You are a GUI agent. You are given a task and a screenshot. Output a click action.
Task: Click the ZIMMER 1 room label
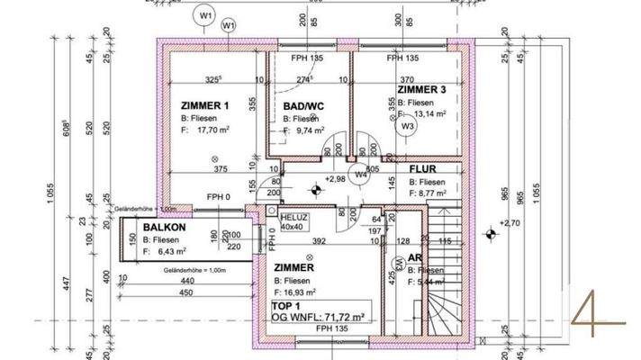pyautogui.click(x=205, y=105)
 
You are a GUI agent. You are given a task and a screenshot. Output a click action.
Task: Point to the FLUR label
pyautogui.click(x=423, y=168)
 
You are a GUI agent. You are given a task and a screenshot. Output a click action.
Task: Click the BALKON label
pyautogui.click(x=163, y=228)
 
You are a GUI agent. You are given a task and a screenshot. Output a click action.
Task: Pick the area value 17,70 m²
pyautogui.click(x=214, y=130)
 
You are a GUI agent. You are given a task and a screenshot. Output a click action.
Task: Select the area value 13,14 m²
pyautogui.click(x=429, y=114)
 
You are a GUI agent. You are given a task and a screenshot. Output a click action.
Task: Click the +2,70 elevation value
pyautogui.click(x=510, y=222)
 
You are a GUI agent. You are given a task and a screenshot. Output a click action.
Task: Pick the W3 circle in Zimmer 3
pyautogui.click(x=408, y=127)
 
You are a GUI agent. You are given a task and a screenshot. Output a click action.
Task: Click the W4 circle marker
pyautogui.click(x=360, y=175)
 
